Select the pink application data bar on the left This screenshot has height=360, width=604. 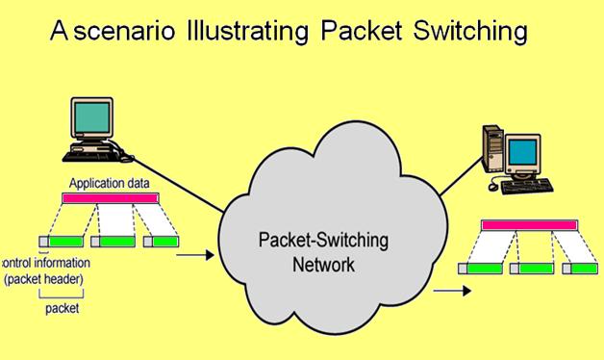[109, 198]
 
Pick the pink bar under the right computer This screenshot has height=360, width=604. [529, 224]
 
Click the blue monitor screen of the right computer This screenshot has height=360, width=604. [522, 153]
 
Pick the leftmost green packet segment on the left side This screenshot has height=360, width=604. [67, 242]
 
